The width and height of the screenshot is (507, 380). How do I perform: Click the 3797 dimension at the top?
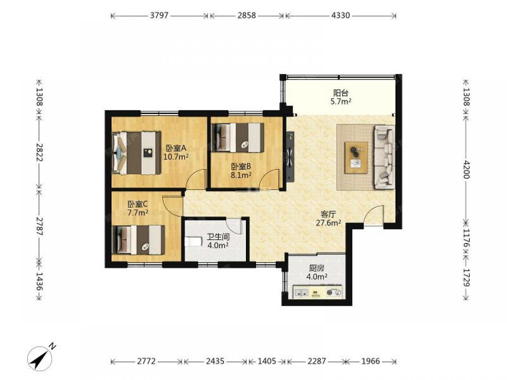click(159, 15)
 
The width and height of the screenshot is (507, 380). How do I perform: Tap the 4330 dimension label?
click(341, 15)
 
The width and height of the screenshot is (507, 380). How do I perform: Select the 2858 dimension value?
click(247, 15)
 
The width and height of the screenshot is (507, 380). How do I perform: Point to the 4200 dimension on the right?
click(466, 169)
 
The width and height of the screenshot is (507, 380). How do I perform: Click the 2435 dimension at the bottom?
click(215, 361)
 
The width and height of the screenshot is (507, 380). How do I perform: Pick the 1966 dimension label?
click(371, 361)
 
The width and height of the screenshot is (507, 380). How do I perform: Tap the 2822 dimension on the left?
click(40, 152)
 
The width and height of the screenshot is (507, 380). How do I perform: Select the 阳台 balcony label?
click(341, 93)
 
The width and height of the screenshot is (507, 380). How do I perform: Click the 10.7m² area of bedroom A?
click(176, 157)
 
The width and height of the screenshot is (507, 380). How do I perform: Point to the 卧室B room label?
click(241, 167)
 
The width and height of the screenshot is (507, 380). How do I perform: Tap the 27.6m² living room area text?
click(329, 222)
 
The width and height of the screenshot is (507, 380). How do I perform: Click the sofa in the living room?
click(384, 157)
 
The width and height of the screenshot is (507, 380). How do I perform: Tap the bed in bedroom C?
click(138, 240)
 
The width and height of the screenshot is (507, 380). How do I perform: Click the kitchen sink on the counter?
click(301, 292)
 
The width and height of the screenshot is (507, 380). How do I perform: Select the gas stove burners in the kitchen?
click(334, 292)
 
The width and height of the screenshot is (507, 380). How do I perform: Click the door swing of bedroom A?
click(195, 178)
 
